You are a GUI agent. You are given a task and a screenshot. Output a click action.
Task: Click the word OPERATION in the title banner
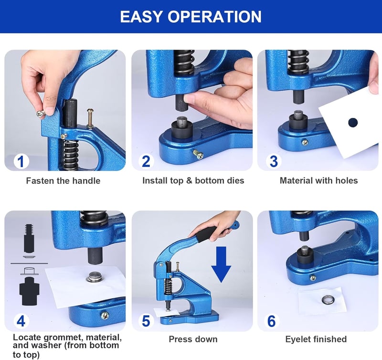coord(214,17)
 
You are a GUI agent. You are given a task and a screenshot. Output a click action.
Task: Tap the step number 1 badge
coord(21,161)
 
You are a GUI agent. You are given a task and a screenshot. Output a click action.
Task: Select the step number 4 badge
coord(21,321)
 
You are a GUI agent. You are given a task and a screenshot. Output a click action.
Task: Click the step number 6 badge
coord(272,321)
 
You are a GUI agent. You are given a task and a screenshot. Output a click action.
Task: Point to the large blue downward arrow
coord(221,265)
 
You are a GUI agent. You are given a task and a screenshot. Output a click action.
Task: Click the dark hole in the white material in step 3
coord(353,123)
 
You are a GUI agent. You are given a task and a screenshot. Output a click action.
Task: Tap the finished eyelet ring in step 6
coord(327,299)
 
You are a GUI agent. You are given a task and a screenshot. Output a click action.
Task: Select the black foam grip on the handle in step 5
coord(206,234)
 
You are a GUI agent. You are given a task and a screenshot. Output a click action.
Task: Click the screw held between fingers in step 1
coord(41,113)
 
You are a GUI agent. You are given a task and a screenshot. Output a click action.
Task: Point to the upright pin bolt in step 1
coord(90,118)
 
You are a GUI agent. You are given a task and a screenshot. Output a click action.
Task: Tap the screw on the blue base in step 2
coord(198,154)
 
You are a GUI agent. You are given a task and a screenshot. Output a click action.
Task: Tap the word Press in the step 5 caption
coord(180,339)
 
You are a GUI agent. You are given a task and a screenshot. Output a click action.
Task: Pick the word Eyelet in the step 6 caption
coord(297,339)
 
